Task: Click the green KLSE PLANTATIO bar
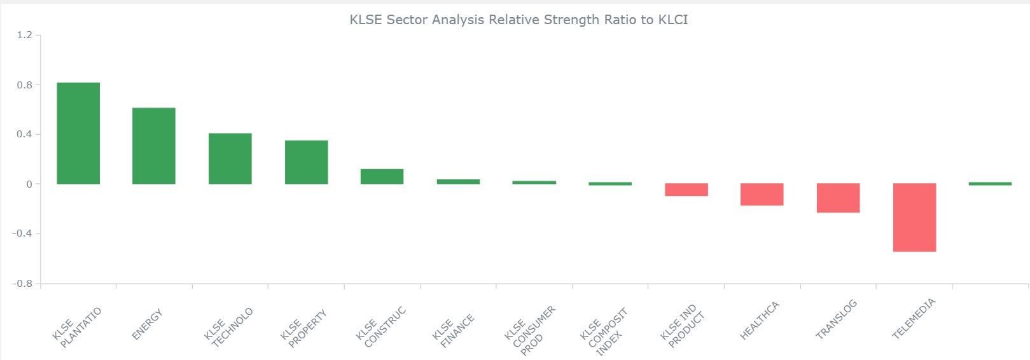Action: tap(78, 134)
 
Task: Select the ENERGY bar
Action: tap(153, 146)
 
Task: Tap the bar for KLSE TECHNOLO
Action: tap(230, 158)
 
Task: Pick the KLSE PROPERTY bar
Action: tap(306, 162)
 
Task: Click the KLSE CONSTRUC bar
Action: tap(382, 177)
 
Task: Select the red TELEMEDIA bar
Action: tap(915, 218)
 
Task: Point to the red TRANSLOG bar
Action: tap(839, 198)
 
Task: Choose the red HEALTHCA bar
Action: tap(762, 195)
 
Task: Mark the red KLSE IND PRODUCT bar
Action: tap(686, 190)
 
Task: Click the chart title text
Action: tap(518, 20)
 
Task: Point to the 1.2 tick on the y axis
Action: tap(25, 35)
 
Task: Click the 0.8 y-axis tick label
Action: tap(25, 85)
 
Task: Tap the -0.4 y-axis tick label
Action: tap(22, 233)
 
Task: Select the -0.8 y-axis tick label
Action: tap(22, 283)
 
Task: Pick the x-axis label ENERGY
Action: tap(147, 324)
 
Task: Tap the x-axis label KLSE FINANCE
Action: tap(454, 331)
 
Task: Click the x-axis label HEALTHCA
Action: tap(760, 321)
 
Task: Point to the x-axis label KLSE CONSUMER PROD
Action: tap(530, 331)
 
